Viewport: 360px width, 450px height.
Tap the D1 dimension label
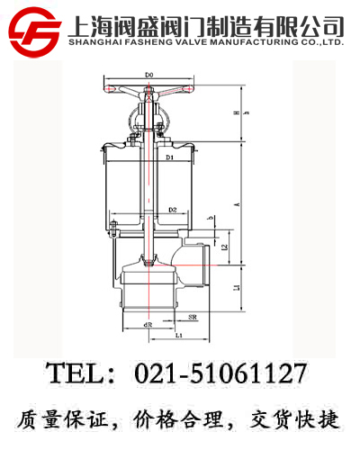click(x=169, y=159)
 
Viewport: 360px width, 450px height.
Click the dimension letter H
click(x=236, y=113)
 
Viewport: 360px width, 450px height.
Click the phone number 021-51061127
click(x=220, y=373)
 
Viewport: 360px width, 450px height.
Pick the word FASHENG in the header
click(x=144, y=41)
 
